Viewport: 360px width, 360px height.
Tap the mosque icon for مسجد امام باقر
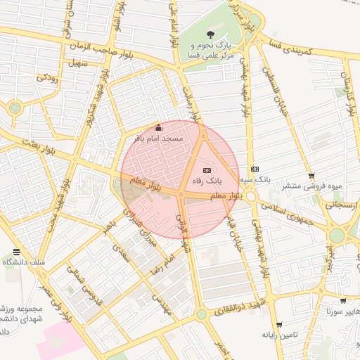(158, 128)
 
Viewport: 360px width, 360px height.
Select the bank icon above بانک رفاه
(207, 170)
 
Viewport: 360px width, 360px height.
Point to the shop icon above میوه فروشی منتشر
(311, 176)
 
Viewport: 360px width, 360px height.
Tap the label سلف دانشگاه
(25, 262)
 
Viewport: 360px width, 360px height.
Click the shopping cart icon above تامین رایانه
(279, 325)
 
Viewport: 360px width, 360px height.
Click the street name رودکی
(46, 77)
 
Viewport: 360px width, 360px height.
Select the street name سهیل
(76, 63)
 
